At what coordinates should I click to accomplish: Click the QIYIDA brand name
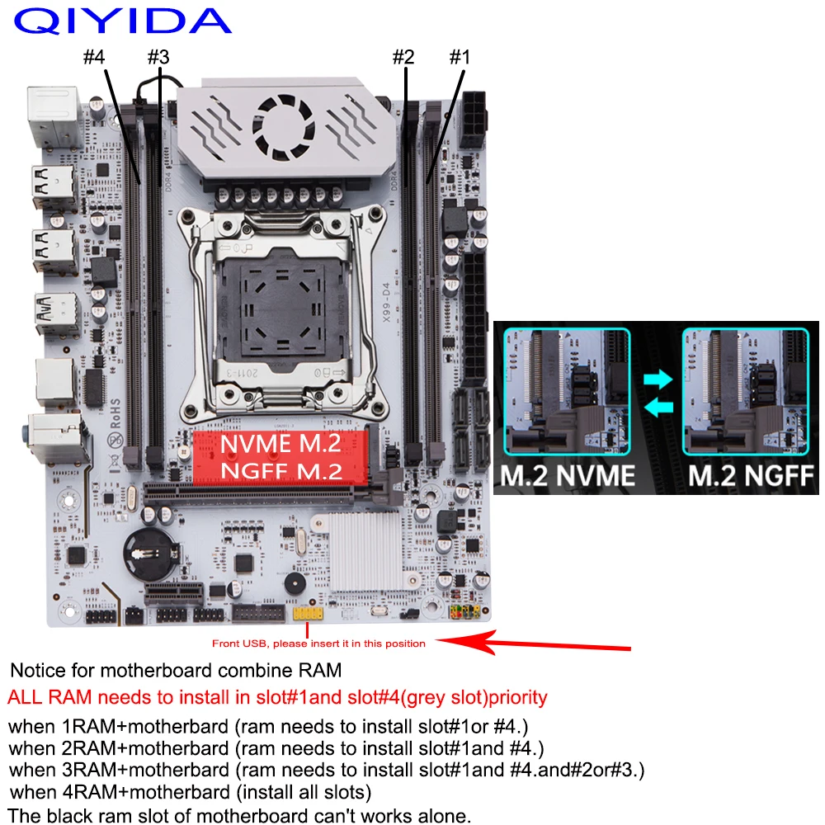point(122,21)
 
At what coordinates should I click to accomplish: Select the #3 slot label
point(158,58)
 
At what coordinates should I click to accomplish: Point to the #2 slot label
point(403,58)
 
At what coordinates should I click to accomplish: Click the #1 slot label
point(459,58)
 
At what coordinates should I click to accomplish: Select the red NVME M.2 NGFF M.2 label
point(279,457)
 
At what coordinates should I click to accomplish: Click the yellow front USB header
point(307,615)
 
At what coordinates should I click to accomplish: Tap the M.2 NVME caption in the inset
point(567,476)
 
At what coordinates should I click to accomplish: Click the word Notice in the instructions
point(35,670)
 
